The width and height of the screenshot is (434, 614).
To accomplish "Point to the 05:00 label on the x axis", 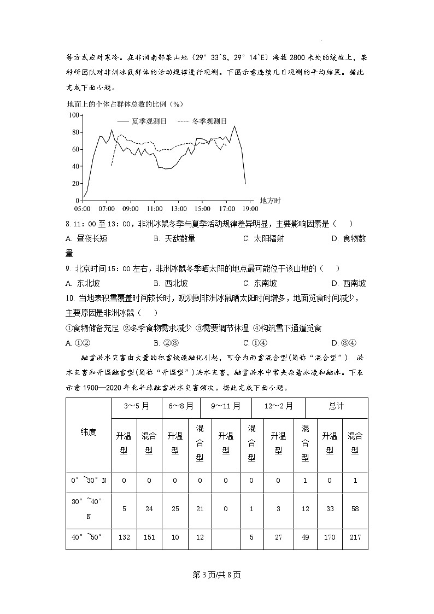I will click(x=82, y=208).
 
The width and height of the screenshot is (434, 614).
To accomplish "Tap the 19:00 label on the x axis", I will click(x=250, y=208).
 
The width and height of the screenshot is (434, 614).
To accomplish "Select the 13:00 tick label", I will click(x=179, y=208).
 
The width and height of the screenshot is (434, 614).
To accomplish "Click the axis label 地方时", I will click(x=270, y=201).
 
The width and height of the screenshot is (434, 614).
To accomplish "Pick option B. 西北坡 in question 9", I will click(x=171, y=283).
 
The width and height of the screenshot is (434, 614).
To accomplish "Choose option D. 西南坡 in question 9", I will click(x=349, y=283).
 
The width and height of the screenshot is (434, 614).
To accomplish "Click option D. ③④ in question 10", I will click(x=344, y=343).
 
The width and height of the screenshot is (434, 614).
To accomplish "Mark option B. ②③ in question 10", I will click(x=164, y=343).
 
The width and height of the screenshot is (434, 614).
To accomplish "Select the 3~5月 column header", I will click(x=136, y=406).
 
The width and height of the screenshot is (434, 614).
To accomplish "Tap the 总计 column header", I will click(x=336, y=406).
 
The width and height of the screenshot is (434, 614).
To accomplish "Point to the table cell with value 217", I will click(x=355, y=537).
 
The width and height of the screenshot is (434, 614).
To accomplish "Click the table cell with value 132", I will click(x=124, y=537).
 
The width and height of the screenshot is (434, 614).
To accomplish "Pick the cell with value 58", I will click(x=355, y=508).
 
